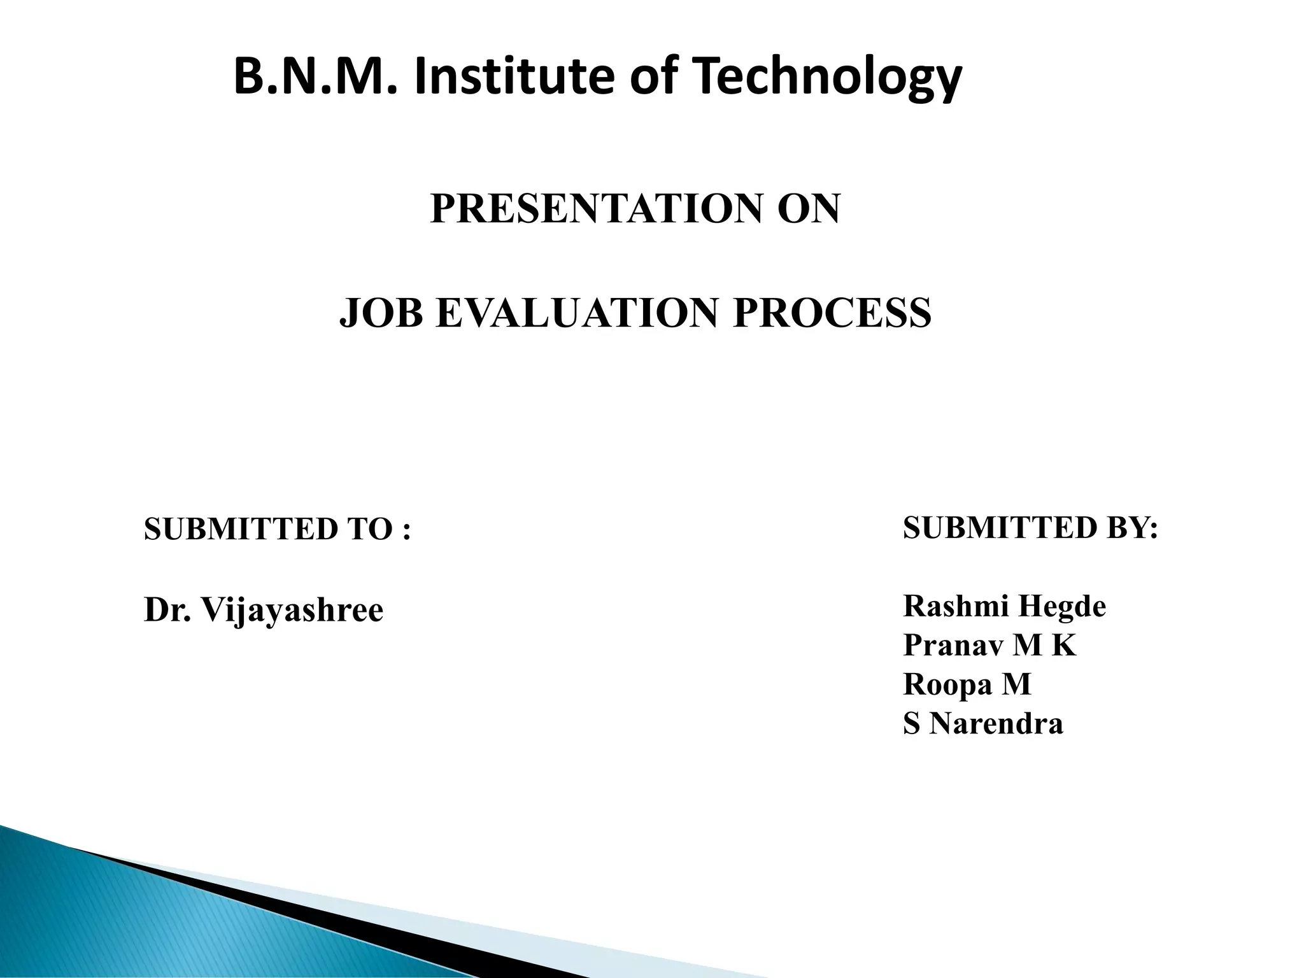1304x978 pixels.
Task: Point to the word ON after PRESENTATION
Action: pyautogui.click(x=809, y=209)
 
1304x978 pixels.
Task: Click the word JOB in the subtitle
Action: pyautogui.click(x=381, y=313)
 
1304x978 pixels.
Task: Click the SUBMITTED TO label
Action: pyautogui.click(x=267, y=529)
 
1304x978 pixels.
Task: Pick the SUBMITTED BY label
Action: pyautogui.click(x=1030, y=528)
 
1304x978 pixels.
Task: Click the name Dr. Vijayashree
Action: pyautogui.click(x=264, y=610)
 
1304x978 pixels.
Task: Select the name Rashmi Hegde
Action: pyautogui.click(x=1004, y=606)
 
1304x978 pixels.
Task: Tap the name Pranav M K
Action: pyautogui.click(x=989, y=645)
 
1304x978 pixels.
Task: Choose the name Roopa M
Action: pyautogui.click(x=967, y=684)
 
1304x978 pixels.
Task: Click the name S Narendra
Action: pyautogui.click(x=983, y=724)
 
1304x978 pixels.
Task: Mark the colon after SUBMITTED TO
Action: pyautogui.click(x=406, y=530)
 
